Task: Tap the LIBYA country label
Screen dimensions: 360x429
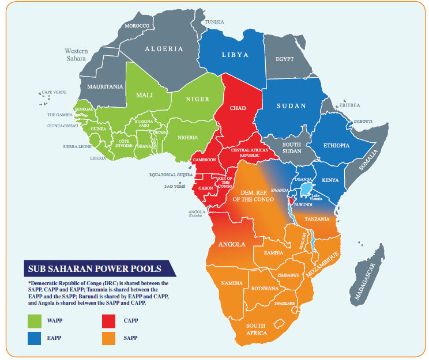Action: [x=235, y=55]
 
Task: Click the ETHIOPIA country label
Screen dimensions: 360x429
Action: [x=336, y=146]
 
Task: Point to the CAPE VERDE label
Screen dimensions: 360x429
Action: [x=54, y=92]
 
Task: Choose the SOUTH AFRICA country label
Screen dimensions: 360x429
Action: [x=256, y=329]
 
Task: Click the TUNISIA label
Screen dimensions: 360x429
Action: [x=215, y=22]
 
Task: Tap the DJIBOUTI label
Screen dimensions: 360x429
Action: [x=363, y=121]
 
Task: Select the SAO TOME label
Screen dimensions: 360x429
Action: [x=176, y=187]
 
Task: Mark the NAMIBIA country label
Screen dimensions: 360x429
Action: [x=232, y=283]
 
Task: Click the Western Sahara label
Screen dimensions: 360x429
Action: [x=76, y=55]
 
